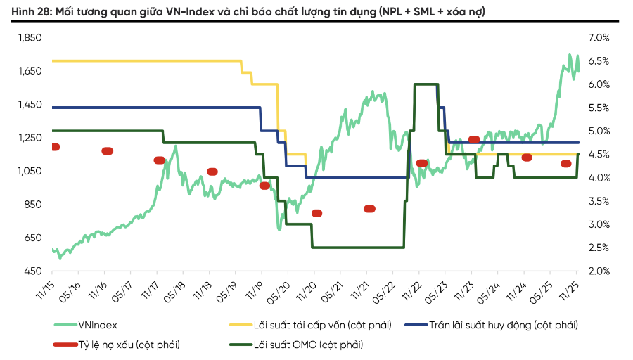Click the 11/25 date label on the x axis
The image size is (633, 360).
573,288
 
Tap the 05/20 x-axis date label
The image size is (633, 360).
284,288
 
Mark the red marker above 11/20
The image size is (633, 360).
316,213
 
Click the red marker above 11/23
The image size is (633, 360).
473,139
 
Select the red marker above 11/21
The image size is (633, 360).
369,208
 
